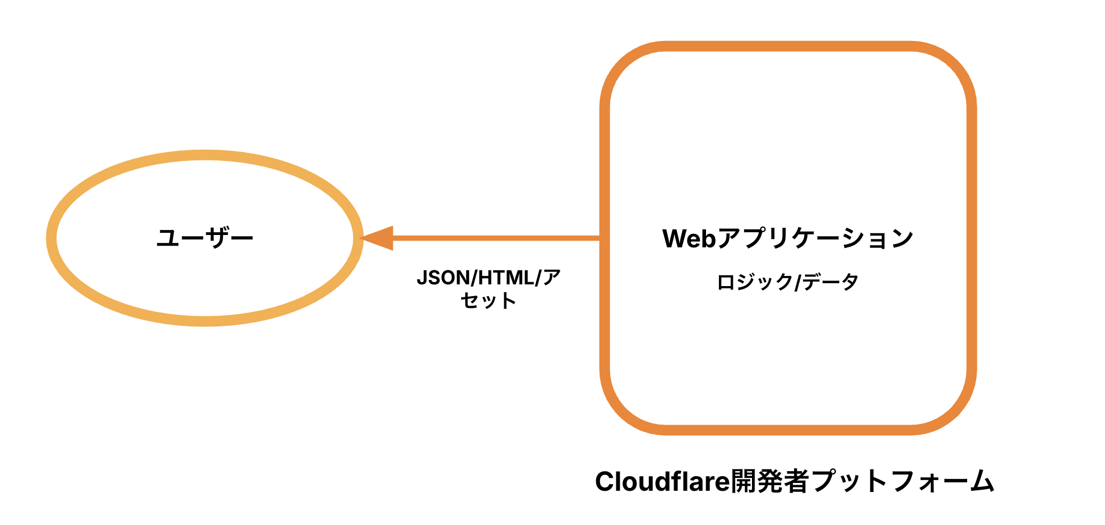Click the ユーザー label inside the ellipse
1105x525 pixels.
tap(205, 238)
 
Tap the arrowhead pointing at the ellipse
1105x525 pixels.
tap(378, 238)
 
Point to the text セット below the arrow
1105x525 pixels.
tap(488, 301)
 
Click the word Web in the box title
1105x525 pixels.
tap(689, 238)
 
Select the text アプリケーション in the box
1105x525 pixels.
tap(815, 238)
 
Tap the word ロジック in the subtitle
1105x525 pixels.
tap(754, 282)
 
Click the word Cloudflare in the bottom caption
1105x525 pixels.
tap(662, 481)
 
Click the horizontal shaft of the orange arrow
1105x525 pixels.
tap(493, 238)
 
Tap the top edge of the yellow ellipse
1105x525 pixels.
tap(205, 155)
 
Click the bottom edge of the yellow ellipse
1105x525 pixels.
tap(205, 321)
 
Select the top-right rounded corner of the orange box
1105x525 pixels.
tap(953, 65)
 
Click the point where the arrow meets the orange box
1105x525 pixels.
tap(601, 238)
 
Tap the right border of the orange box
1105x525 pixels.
tap(972, 238)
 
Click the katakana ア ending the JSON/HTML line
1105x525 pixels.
tap(552, 278)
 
